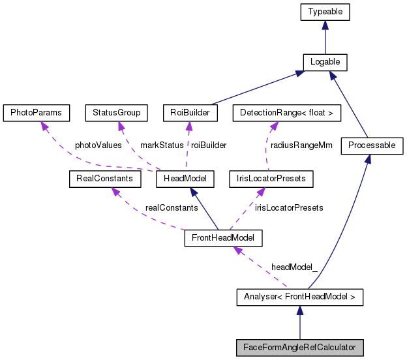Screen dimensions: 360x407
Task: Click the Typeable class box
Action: pos(324,12)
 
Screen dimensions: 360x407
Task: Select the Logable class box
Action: pos(324,62)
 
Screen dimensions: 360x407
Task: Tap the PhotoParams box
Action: pos(36,113)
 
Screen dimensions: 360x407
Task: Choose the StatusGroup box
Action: pos(117,113)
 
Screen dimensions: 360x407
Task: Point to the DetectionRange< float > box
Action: pos(286,113)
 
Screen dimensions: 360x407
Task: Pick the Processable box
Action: pos(372,145)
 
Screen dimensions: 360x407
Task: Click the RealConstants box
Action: pos(101,178)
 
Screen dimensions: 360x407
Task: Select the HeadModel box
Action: pos(190,178)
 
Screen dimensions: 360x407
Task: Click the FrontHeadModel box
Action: pos(223,238)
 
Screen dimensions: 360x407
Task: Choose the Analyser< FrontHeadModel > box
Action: pos(299,298)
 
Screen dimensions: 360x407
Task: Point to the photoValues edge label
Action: pos(98,145)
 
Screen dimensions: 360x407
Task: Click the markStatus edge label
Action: pos(162,145)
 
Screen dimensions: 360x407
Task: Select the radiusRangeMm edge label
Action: pos(301,145)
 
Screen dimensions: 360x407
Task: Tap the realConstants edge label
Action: pos(172,207)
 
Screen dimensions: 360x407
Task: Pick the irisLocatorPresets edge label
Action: pos(289,207)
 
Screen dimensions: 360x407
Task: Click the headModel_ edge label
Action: pos(294,267)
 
